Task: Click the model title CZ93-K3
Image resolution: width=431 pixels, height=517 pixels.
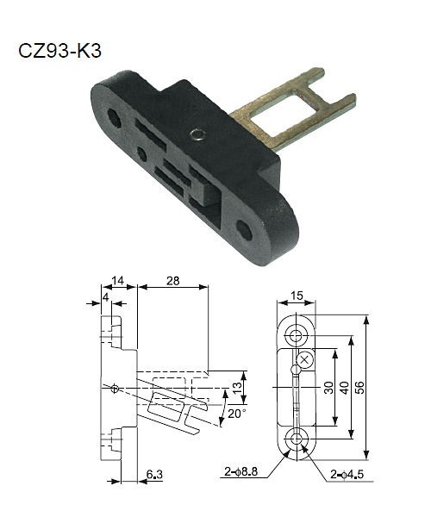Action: [59, 51]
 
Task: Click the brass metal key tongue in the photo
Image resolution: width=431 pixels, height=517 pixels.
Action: [293, 110]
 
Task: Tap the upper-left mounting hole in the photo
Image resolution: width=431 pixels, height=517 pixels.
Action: [115, 118]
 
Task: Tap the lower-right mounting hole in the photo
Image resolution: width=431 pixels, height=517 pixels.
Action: [245, 230]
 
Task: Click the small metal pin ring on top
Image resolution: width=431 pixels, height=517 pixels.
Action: [198, 134]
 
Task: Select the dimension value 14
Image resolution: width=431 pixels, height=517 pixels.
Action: [117, 280]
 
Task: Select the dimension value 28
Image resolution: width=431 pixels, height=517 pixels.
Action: [172, 281]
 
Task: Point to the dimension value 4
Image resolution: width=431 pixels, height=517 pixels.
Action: [106, 298]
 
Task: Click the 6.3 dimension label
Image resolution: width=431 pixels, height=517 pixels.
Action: [154, 475]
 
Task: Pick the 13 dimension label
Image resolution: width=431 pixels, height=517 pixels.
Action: [237, 387]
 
